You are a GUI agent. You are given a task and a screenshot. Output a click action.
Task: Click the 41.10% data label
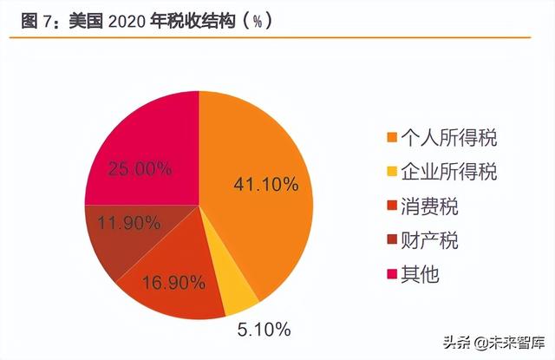267,184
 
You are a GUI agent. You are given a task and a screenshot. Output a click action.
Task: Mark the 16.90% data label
174,282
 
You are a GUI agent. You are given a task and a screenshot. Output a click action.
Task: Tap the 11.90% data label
129,223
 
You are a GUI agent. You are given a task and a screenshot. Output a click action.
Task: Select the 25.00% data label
140,169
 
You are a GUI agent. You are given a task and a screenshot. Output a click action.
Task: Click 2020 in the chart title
127,20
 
